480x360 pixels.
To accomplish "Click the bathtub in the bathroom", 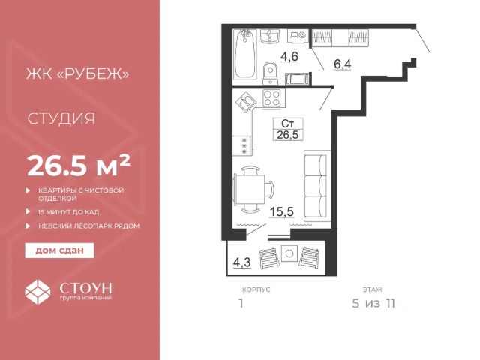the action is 245,55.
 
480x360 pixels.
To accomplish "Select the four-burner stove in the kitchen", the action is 271,98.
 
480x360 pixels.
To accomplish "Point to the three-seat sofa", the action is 316,186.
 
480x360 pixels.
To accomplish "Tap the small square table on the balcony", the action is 289,253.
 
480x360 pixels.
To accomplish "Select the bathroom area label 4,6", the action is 289,57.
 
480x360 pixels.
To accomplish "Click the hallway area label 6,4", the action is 343,64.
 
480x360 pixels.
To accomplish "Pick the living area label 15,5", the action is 282,211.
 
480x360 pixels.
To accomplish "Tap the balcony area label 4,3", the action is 241,262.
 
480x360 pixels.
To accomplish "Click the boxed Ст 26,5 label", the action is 288,129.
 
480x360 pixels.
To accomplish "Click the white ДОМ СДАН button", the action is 59,250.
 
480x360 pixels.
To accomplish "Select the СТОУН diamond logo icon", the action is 37,292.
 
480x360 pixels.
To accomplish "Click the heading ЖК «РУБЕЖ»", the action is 78,73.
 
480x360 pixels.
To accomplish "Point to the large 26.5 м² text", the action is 79,166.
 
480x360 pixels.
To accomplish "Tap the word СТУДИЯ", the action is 61,118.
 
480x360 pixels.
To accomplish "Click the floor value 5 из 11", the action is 373,303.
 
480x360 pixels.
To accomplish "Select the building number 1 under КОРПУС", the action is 241,303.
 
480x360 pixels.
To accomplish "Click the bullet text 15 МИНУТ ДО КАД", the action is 68,211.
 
